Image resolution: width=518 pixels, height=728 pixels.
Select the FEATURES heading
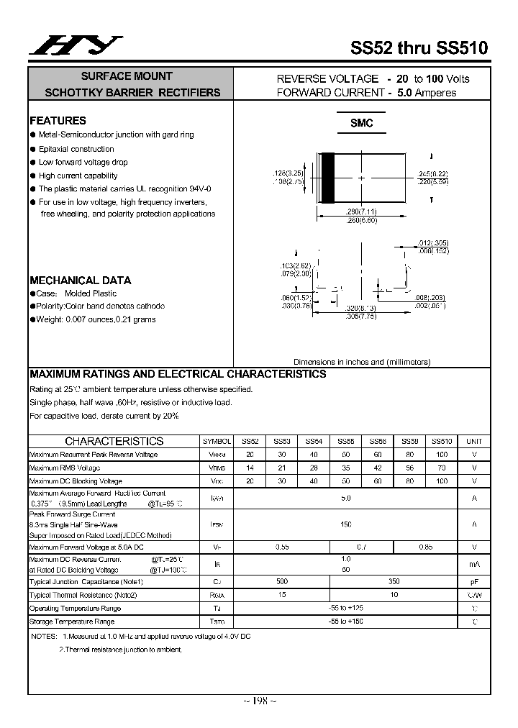pos(58,121)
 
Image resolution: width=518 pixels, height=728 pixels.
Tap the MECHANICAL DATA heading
pos(80,281)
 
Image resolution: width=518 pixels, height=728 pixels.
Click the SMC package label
pos(361,124)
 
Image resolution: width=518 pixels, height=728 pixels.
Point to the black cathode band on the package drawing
pos(327,178)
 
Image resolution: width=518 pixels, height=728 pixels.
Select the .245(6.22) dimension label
pos(432,174)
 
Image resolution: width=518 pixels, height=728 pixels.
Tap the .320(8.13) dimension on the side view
pos(360,308)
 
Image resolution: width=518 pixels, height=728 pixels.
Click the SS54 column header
pos(314,441)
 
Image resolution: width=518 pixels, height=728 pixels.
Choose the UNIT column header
pos(474,441)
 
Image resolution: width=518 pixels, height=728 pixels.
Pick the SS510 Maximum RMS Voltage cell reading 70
pos(442,468)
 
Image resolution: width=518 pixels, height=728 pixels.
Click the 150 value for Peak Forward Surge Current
pos(345,524)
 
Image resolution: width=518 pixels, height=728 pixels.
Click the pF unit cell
pos(474,581)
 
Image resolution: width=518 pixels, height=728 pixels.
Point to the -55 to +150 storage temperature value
pos(345,621)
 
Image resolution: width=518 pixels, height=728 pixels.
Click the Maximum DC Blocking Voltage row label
pos(76,481)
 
